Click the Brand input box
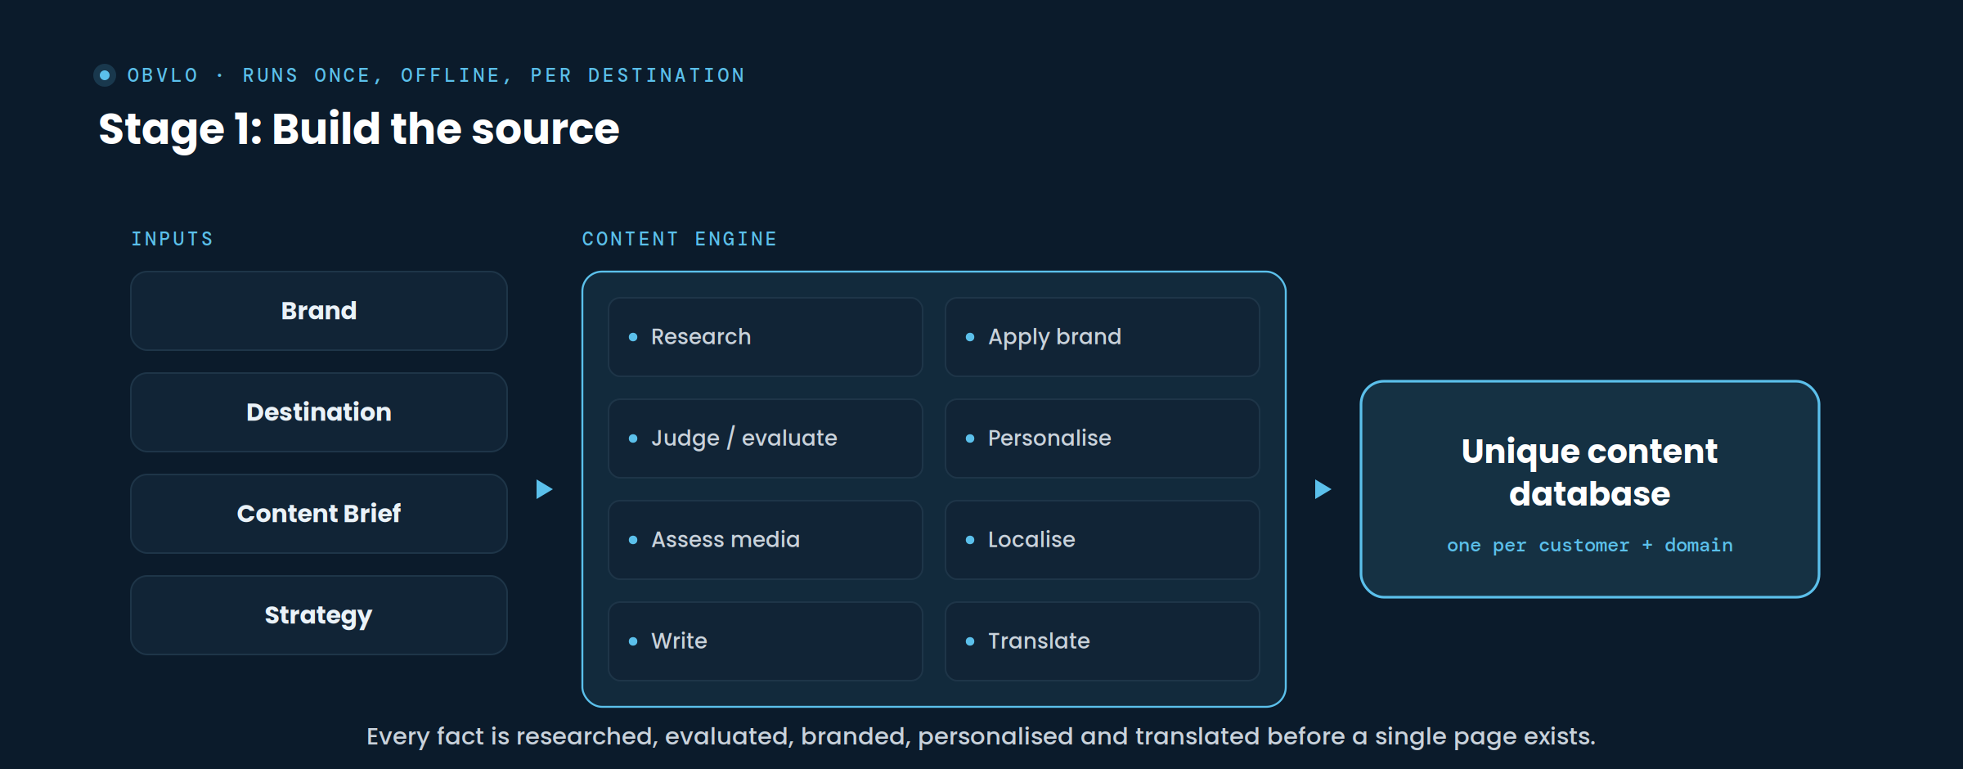coord(319,311)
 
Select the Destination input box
coord(319,412)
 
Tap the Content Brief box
coord(319,514)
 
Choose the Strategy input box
coord(319,615)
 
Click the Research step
coord(766,337)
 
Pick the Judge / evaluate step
coord(766,438)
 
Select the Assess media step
coord(766,540)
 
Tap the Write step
coord(766,641)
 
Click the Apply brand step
coord(1103,337)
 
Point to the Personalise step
coord(1103,438)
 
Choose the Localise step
coord(1103,540)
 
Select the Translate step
coord(1103,641)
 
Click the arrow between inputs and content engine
coord(544,489)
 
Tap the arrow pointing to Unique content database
coord(1323,489)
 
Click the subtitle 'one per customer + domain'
coord(1590,546)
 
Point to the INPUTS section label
coord(173,239)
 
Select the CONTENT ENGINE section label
coord(680,239)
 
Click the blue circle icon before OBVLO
coord(105,75)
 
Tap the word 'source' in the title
coord(546,129)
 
